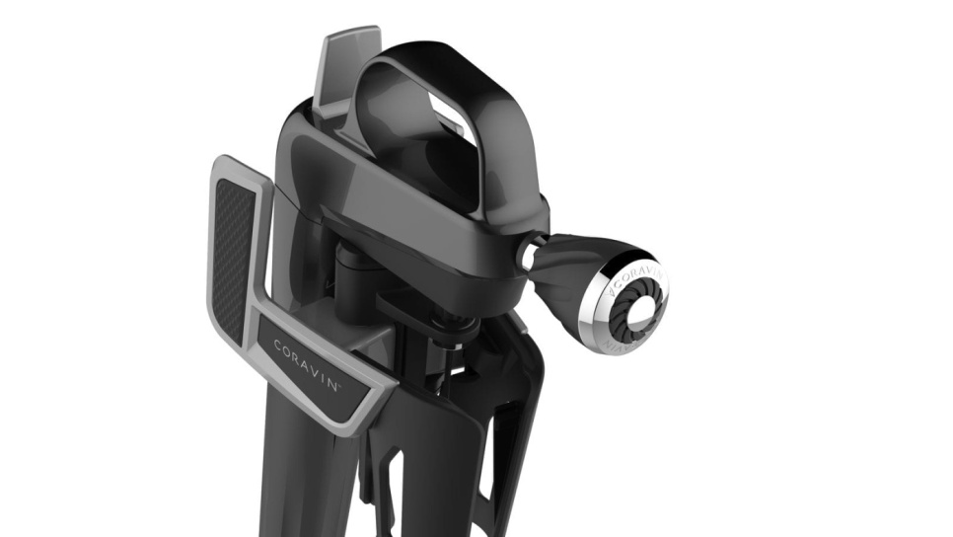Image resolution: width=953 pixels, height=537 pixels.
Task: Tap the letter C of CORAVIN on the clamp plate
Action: point(278,345)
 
